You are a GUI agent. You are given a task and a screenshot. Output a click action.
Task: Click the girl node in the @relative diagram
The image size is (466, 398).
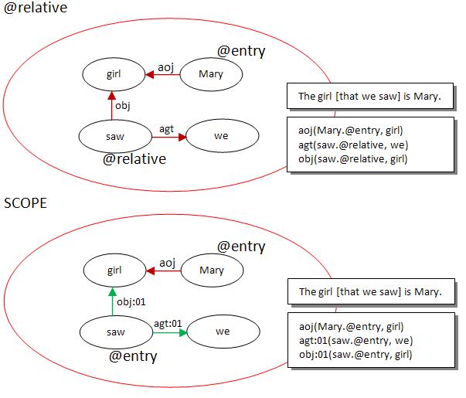(x=114, y=75)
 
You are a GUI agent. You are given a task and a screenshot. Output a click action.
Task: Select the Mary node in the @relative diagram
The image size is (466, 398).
(x=210, y=75)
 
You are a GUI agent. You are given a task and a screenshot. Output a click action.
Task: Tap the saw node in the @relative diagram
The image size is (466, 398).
(x=114, y=137)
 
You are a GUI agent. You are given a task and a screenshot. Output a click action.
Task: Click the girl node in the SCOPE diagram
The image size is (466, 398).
(x=114, y=270)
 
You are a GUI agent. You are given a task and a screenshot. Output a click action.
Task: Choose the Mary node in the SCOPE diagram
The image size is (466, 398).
(x=211, y=270)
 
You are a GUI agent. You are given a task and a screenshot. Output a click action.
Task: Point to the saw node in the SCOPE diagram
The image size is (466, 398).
(x=114, y=332)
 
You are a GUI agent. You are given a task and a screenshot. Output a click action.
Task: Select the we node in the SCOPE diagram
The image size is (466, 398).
(x=222, y=332)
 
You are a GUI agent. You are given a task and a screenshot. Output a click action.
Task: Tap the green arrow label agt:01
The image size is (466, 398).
(x=168, y=323)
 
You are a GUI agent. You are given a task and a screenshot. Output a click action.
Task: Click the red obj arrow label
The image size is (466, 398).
(x=122, y=105)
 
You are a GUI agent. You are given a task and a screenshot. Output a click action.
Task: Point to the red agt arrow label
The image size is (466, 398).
(x=166, y=128)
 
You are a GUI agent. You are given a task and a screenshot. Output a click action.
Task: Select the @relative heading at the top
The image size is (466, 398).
(x=35, y=9)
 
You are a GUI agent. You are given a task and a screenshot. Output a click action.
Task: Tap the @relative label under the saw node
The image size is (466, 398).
(x=135, y=159)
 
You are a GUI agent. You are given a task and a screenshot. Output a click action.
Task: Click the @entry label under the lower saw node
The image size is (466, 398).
(x=133, y=356)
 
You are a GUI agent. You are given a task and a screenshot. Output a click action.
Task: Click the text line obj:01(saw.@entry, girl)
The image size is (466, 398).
(x=355, y=354)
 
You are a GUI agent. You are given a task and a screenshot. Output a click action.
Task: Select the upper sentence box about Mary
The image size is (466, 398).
(x=369, y=97)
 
